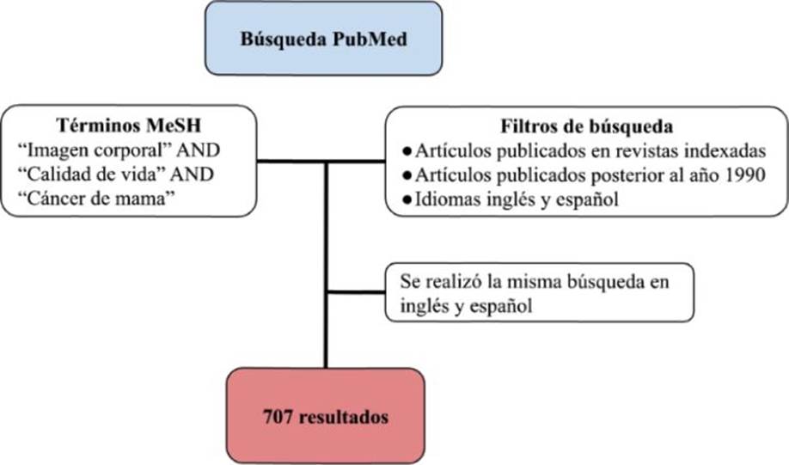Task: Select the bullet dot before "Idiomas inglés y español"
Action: click(x=407, y=201)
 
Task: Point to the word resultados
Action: click(x=339, y=418)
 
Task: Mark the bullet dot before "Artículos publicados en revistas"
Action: click(x=407, y=151)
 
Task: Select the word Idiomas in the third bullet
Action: click(x=446, y=201)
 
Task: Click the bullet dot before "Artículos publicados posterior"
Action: click(x=407, y=176)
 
